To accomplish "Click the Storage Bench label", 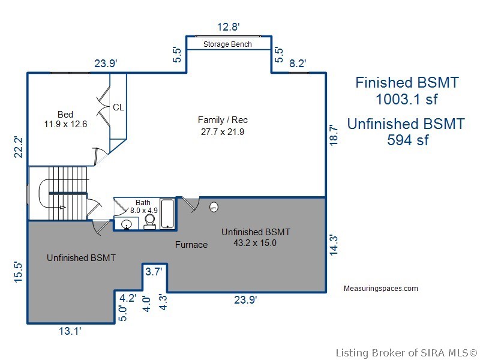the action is (x=227, y=44).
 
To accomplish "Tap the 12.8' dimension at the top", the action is (x=228, y=27).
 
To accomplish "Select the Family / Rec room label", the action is (x=223, y=119).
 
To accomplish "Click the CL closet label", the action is (x=118, y=107).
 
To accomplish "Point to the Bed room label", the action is (x=65, y=115).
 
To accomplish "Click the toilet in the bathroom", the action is (x=149, y=221).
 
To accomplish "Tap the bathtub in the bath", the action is (x=167, y=214).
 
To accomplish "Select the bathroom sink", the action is (x=126, y=224).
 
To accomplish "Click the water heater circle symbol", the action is (x=214, y=207).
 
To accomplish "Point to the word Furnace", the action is (x=191, y=245).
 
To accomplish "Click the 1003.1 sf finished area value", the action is (x=407, y=99).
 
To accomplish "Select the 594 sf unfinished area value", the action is (x=408, y=140).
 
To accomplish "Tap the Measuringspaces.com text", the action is (x=381, y=289).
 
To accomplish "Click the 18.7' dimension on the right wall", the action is (x=334, y=134).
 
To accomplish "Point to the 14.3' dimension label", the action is (x=334, y=245).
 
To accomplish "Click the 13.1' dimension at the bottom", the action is (x=70, y=331).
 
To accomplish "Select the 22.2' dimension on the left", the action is (x=19, y=147).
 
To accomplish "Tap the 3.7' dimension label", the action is (x=154, y=271).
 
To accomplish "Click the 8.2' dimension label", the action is (x=298, y=64).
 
